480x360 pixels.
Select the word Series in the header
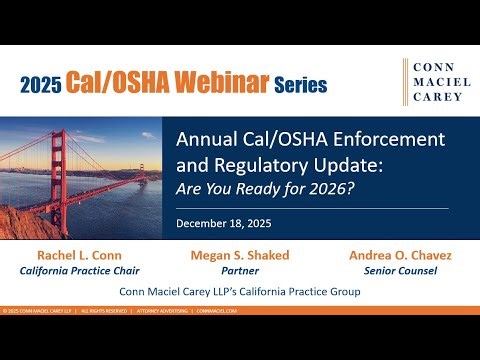(x=300, y=85)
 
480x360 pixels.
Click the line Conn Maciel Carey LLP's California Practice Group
(x=240, y=292)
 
